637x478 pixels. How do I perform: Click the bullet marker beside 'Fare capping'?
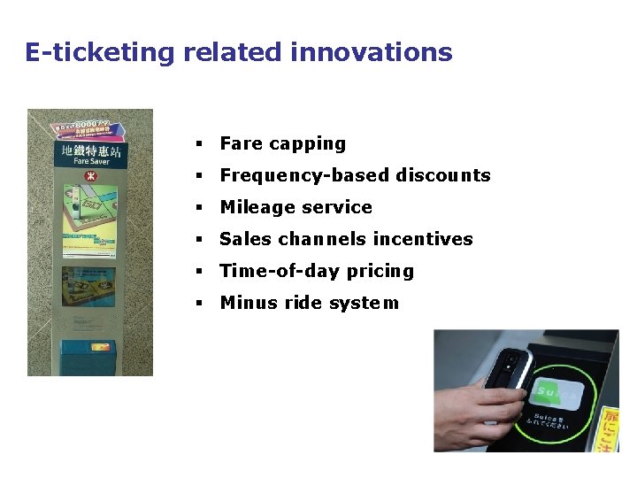pos(200,144)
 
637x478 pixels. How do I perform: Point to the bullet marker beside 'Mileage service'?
pos(200,208)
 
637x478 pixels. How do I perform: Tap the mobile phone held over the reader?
pos(508,372)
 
